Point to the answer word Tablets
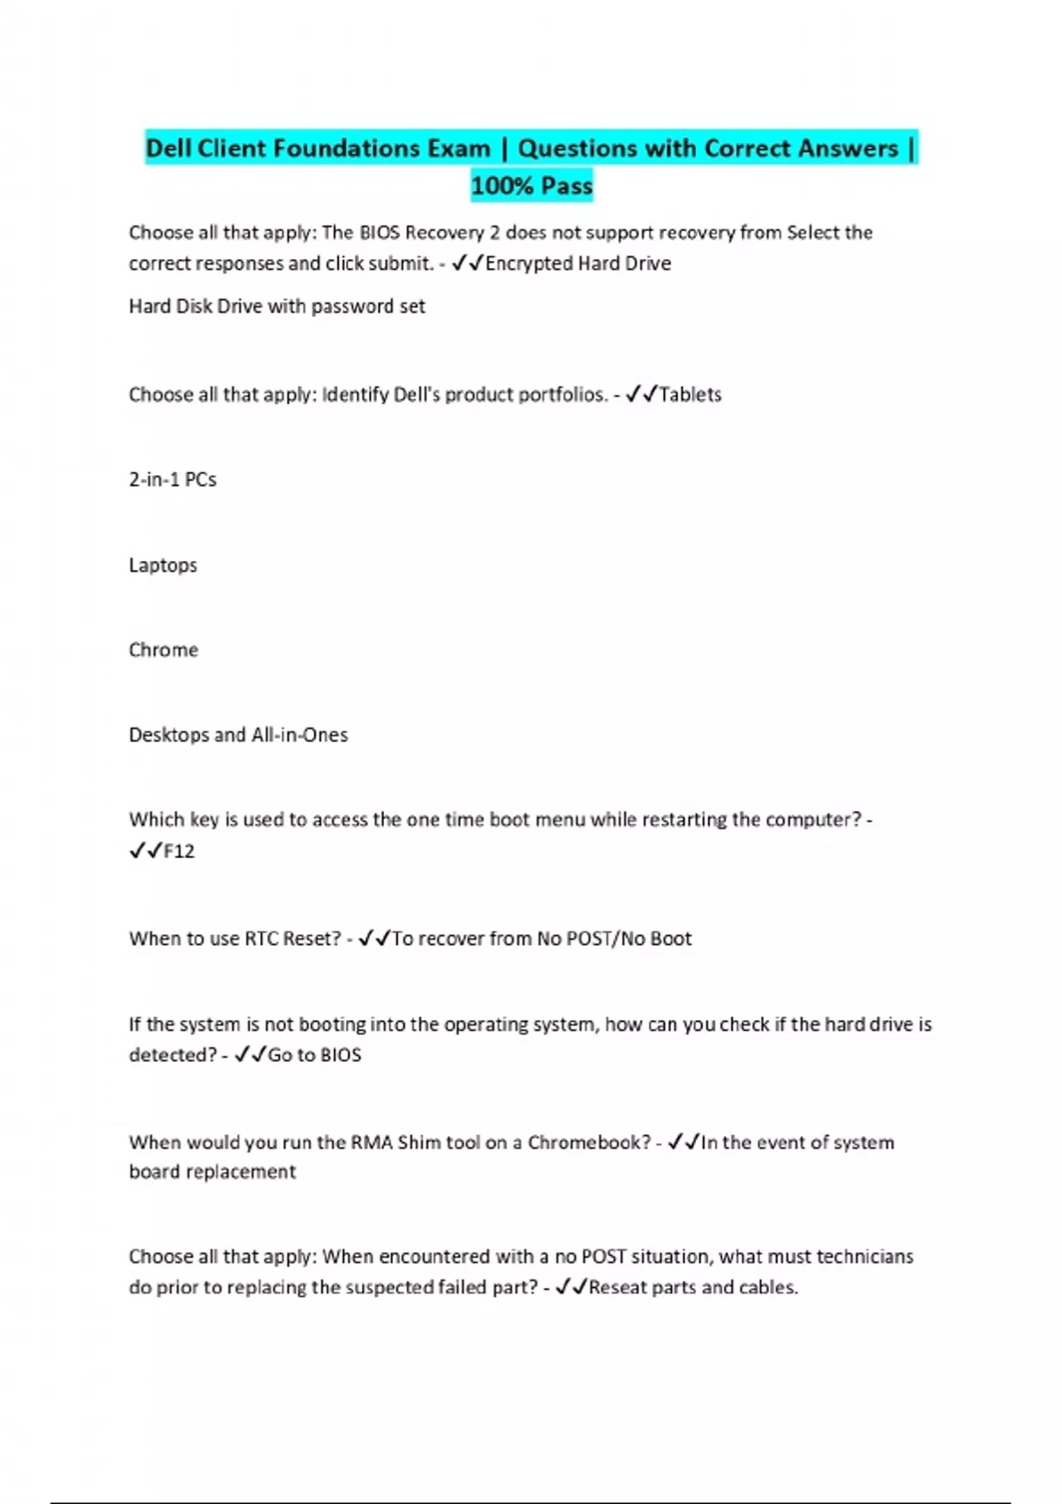coord(690,395)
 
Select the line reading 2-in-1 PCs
coord(173,480)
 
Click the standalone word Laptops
coord(163,565)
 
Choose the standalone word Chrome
coord(164,650)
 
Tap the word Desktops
coord(168,735)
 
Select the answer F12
coord(179,851)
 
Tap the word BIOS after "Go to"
coord(341,1055)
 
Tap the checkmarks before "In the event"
coord(684,1142)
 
